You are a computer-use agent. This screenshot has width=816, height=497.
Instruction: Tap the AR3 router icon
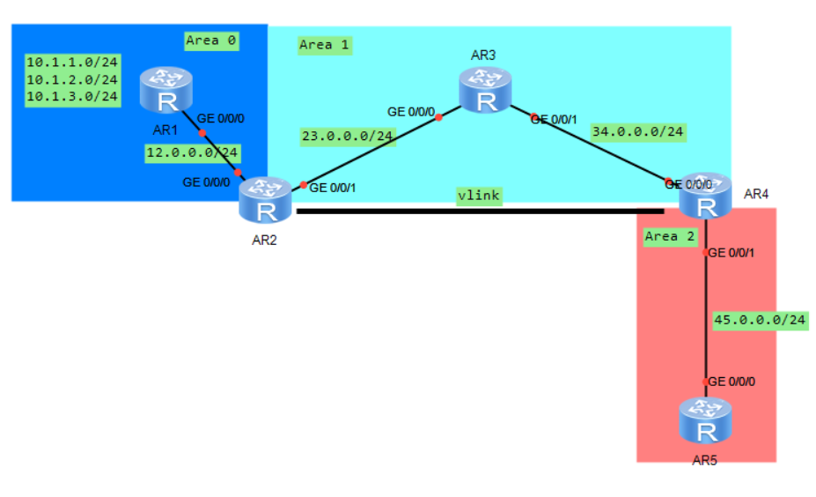484,92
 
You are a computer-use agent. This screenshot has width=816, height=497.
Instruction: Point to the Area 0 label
212,41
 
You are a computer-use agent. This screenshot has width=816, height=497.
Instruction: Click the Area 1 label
325,45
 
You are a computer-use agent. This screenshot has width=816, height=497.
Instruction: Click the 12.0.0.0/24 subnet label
192,152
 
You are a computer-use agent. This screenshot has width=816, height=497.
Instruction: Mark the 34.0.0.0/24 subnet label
638,132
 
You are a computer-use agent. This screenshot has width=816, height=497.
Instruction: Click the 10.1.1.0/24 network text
72,63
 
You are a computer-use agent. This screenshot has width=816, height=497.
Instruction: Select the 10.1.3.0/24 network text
72,96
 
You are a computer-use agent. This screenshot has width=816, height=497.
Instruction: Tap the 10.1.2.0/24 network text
72,79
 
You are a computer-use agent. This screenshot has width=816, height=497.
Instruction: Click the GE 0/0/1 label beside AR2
336,188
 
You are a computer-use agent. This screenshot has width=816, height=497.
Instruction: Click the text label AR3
483,55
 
